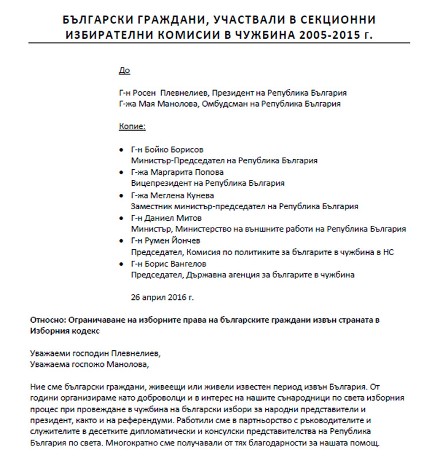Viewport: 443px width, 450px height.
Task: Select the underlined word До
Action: click(x=124, y=71)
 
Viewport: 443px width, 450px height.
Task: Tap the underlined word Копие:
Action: click(x=132, y=126)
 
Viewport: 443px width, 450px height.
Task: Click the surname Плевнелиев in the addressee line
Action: click(x=184, y=93)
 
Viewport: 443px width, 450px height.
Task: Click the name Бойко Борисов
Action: click(x=177, y=150)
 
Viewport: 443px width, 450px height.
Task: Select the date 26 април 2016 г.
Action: click(x=162, y=298)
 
